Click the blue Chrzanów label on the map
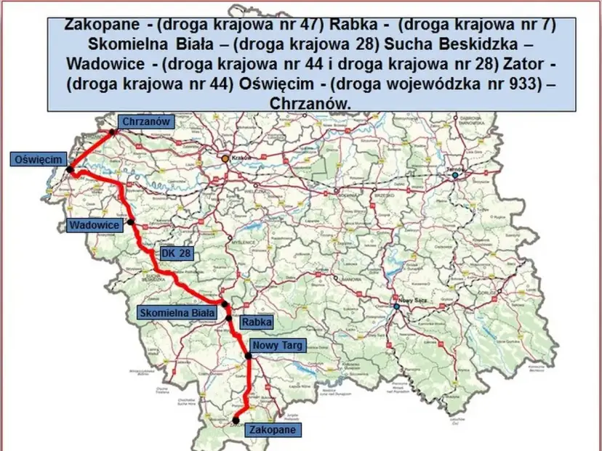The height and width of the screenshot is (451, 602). (147, 122)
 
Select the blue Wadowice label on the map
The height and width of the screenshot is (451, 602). (94, 225)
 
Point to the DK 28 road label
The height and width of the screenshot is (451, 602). (174, 253)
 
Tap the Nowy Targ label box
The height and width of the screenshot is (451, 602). (276, 345)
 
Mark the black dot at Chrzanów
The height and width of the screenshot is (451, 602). (113, 133)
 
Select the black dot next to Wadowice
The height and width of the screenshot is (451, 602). (131, 222)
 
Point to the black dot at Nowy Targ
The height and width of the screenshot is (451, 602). (248, 356)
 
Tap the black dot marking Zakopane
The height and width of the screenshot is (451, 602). (236, 419)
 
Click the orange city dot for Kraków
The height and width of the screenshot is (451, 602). (226, 158)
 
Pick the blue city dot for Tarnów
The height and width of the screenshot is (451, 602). (456, 175)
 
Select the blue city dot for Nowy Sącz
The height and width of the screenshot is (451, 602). (397, 306)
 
